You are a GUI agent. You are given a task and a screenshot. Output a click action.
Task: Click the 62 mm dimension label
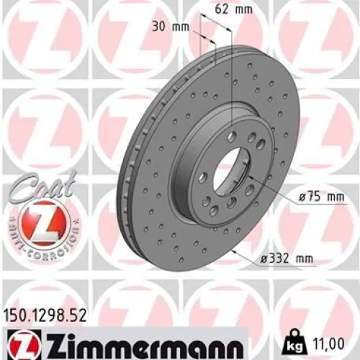tap(234, 9)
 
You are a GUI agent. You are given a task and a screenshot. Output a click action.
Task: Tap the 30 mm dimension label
tap(171, 27)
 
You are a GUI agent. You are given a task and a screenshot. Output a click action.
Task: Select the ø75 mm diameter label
tap(322, 197)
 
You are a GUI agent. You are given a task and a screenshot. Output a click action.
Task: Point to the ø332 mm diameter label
tap(287, 258)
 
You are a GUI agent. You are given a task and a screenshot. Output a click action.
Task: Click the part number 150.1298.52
tap(45, 315)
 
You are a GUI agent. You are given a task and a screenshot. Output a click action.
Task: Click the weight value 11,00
tap(328, 343)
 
